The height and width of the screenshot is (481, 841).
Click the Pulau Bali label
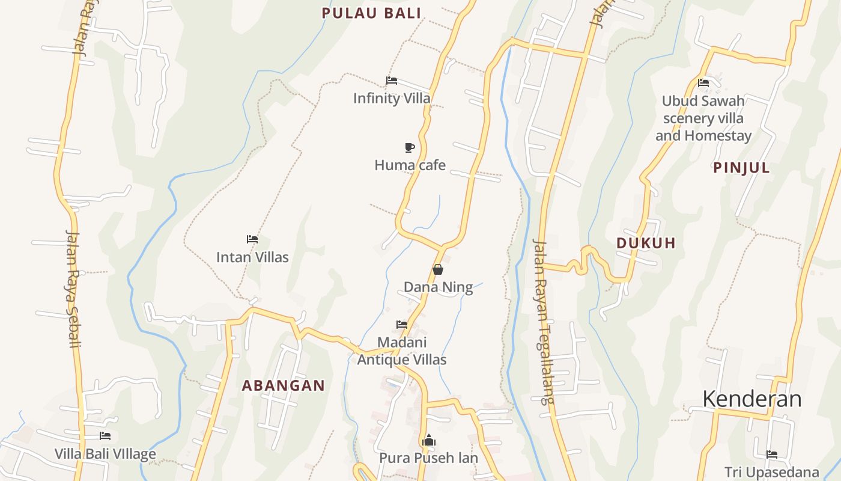[371, 13]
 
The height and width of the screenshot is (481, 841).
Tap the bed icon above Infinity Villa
[392, 81]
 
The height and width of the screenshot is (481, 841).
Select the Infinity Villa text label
[392, 98]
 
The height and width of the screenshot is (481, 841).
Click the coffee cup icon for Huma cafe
[410, 147]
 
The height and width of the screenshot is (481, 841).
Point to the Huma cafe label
[410, 165]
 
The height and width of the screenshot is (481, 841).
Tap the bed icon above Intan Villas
[252, 239]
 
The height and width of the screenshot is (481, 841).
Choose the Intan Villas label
[252, 257]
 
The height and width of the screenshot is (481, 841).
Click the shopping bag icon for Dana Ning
[438, 269]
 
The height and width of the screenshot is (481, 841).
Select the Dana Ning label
[438, 287]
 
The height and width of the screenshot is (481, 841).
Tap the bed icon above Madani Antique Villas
[402, 325]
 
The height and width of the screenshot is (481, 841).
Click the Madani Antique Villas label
[402, 351]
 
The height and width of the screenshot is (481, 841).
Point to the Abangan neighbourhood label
[283, 386]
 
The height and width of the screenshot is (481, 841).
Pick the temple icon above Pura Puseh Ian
[428, 441]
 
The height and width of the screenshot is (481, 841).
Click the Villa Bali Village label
[105, 454]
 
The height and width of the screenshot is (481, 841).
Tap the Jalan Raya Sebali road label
[73, 289]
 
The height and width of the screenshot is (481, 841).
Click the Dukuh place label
[646, 243]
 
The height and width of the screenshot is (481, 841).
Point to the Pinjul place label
[741, 168]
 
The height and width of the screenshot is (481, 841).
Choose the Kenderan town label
[751, 399]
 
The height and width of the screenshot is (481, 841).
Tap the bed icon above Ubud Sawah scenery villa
[703, 83]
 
